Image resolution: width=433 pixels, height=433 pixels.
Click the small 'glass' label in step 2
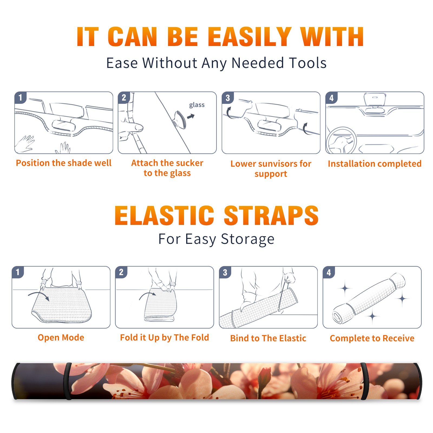[197, 105]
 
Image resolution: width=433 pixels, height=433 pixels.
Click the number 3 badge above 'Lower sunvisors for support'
[228, 98]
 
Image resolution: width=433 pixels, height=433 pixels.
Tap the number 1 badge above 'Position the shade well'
[20, 97]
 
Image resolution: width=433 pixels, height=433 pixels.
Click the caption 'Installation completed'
[375, 164]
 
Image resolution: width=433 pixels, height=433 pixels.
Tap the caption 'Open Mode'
[61, 337]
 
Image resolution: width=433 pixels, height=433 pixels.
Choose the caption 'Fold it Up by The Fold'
[165, 338]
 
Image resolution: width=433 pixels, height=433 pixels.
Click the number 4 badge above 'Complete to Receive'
[329, 272]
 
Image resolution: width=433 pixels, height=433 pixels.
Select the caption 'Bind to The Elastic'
[268, 338]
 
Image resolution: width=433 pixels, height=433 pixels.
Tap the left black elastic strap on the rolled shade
[67, 381]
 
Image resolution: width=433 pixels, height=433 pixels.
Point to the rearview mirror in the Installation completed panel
[375, 99]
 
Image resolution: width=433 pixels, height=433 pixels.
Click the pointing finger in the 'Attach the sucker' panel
[133, 127]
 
